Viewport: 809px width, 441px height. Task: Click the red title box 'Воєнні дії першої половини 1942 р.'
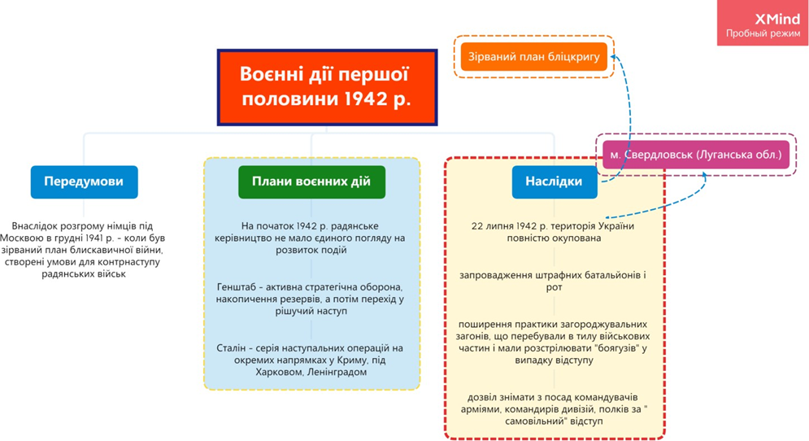point(326,86)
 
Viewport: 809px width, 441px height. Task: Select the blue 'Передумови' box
point(84,181)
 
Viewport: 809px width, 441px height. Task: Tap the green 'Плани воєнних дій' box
point(311,181)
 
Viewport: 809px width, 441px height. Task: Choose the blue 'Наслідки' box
point(553,181)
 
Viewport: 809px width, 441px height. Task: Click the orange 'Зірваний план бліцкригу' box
point(533,56)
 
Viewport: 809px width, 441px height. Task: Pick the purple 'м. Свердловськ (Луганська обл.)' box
point(695,154)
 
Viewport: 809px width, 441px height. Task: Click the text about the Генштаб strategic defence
point(311,299)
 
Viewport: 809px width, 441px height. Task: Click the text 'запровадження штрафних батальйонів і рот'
point(552,281)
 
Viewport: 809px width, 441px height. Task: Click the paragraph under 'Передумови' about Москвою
point(84,250)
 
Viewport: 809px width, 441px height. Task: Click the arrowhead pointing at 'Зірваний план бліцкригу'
point(615,56)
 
